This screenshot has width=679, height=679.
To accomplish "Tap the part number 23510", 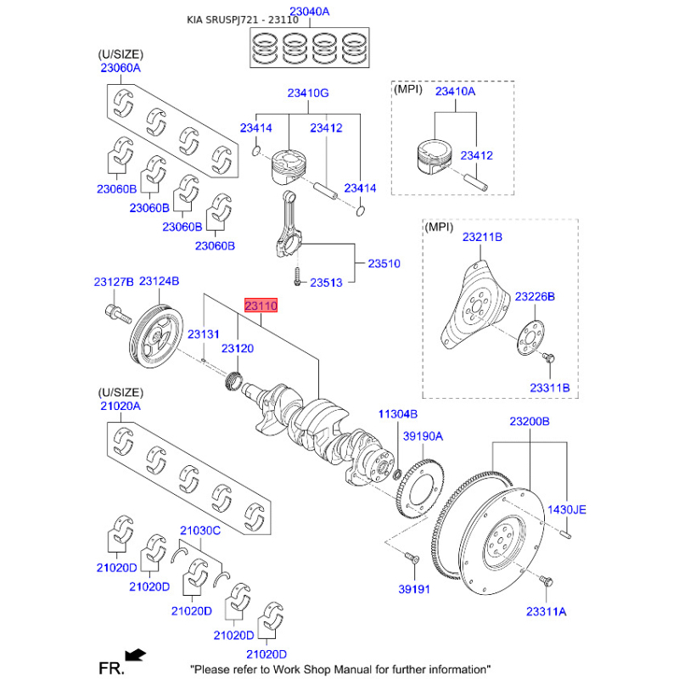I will pos(384,264).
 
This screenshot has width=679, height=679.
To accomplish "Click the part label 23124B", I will pos(159,281).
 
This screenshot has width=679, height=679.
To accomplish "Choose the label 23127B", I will pos(113,281).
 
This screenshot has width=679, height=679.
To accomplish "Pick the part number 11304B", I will pos(397,413).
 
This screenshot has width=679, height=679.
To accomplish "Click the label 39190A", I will pos(423,436).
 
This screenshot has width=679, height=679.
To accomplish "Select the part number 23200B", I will pos(530,421).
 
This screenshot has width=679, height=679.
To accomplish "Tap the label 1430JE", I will pos(565,510).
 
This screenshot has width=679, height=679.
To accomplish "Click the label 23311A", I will pos(547,611).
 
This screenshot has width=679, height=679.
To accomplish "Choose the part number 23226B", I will pos(535,296).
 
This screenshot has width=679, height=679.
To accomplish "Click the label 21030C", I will pos(200,531).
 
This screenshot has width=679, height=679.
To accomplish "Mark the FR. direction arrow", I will pos(134,654).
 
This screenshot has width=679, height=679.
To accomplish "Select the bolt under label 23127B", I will pos(117,312).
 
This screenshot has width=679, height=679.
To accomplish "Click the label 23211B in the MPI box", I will pos(482,238).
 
